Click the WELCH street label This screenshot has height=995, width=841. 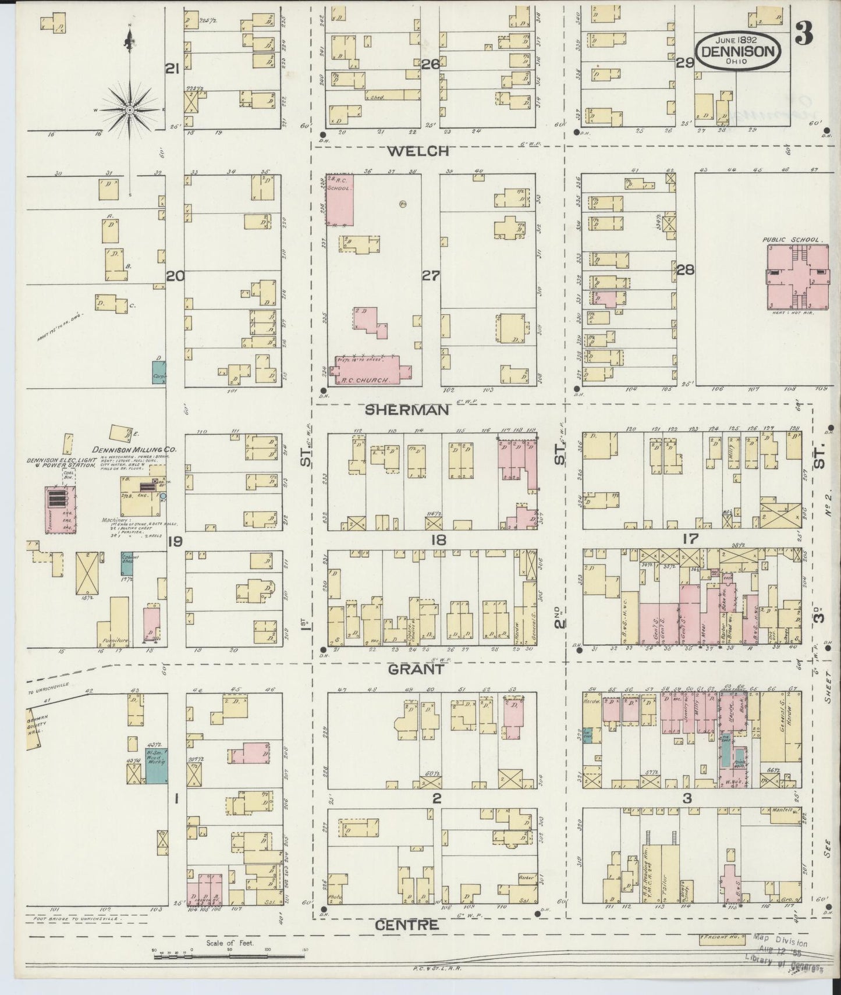pos(418,151)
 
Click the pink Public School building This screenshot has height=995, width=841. pos(797,277)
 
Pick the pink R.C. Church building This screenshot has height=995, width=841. pos(370,371)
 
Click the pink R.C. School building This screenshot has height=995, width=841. pos(340,200)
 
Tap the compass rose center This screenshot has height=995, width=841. pos(129,109)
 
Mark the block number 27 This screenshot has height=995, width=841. pos(431,276)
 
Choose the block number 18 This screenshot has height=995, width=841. pos(438,540)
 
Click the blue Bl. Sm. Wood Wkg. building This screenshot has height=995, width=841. pos(156,765)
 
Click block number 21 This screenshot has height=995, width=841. pos(172,70)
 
